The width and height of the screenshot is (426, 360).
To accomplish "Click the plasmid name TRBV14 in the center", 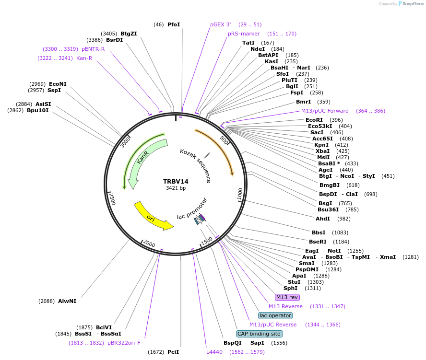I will (176, 181).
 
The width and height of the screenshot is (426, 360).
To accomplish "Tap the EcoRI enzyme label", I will (314, 120).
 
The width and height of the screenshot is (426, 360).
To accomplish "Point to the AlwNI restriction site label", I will (67, 301).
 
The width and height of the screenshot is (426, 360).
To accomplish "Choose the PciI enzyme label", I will (173, 352).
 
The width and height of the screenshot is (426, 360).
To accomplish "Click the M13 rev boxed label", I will (287, 297).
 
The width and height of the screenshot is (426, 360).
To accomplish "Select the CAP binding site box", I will (260, 334).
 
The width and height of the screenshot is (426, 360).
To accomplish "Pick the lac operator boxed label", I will (275, 315).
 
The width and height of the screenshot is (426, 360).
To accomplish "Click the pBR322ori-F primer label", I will (124, 343).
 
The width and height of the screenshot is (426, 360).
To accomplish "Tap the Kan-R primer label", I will (84, 58).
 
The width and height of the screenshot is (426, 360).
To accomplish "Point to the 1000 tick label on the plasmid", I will (239, 194).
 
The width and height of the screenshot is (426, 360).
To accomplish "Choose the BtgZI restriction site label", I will (129, 34).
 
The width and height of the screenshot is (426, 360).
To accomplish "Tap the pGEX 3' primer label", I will (220, 24).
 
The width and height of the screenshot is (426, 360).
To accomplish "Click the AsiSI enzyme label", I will (43, 104).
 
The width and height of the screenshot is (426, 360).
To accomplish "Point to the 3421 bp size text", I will (176, 188).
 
